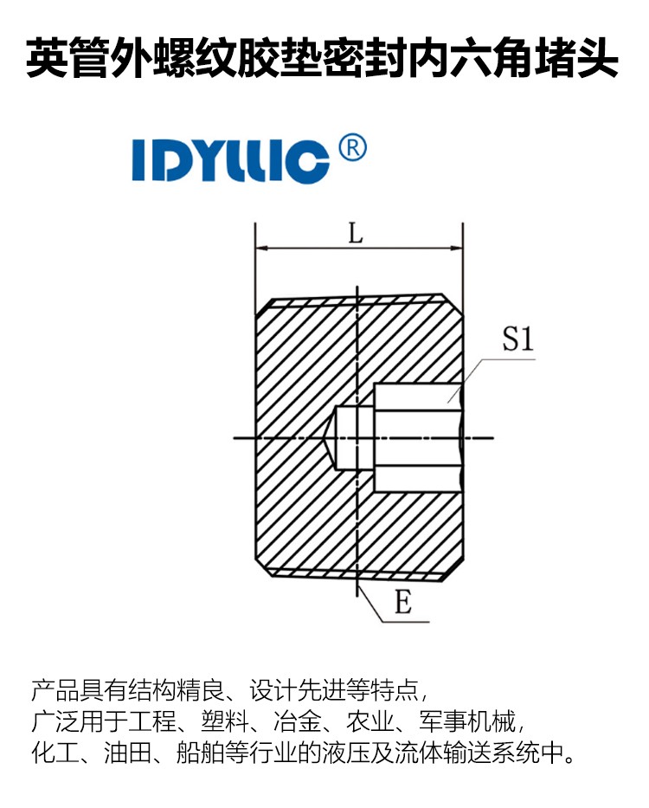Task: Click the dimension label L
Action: (x=356, y=233)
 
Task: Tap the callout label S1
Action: (x=517, y=339)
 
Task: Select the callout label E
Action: (x=403, y=601)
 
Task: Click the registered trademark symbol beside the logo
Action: (x=353, y=148)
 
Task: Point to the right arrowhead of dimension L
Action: (x=456, y=249)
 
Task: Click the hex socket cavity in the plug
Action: (x=417, y=437)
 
